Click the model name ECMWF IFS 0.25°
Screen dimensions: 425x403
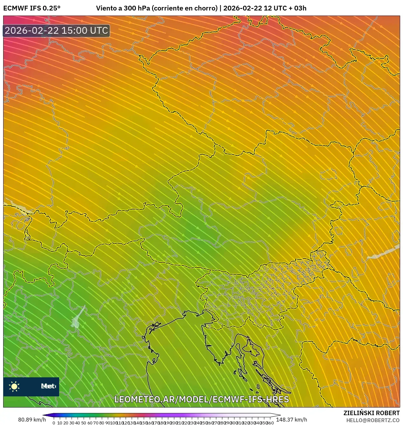[x=32, y=8]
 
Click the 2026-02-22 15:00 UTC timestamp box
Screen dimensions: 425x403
[x=57, y=31]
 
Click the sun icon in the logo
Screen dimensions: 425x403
[x=14, y=386]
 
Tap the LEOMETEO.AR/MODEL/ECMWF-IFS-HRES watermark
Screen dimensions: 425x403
[x=201, y=399]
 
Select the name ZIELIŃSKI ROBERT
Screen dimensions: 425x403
[x=371, y=413]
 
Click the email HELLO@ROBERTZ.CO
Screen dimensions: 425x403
[x=373, y=420]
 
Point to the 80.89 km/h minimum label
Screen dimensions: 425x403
[x=32, y=420]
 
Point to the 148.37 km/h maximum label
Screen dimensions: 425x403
[x=291, y=420]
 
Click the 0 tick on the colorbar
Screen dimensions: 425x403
[x=54, y=423]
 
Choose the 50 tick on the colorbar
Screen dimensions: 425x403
[x=84, y=423]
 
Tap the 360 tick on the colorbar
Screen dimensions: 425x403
[x=270, y=423]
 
